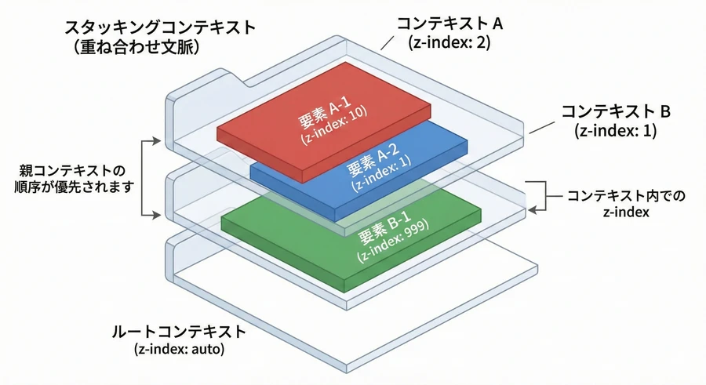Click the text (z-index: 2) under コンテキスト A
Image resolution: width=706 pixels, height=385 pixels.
pos(449,42)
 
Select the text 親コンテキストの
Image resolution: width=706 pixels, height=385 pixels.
pos(75,170)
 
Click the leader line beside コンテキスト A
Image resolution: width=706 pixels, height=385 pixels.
pos(389,42)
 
